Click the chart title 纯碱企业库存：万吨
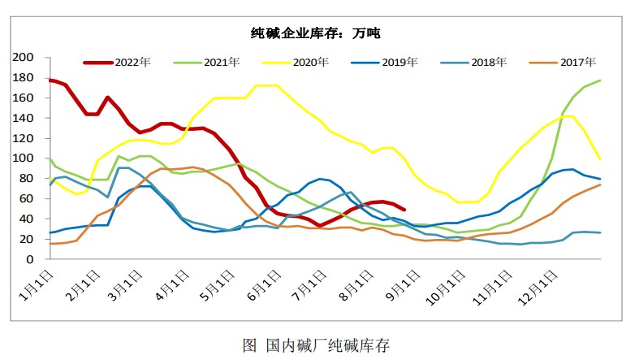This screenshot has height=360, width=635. (x=316, y=33)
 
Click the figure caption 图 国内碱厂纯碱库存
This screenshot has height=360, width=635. (x=316, y=344)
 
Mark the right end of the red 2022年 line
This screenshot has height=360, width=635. (x=404, y=209)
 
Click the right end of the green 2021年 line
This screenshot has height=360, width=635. (x=600, y=80)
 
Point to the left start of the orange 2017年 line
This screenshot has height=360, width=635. (x=50, y=244)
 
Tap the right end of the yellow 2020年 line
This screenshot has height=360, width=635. (x=600, y=158)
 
